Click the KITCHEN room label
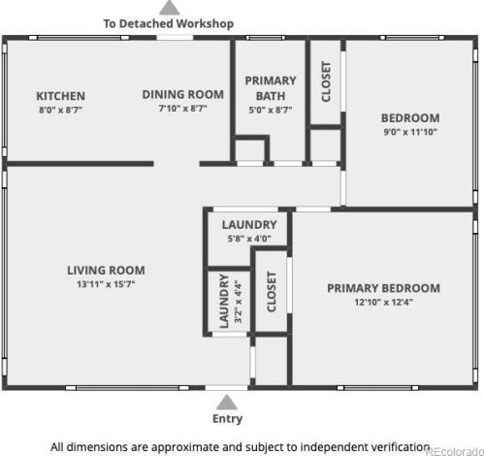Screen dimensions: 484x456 [61, 96]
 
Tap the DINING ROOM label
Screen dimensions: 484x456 [183, 94]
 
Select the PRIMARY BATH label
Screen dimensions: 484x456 [271, 88]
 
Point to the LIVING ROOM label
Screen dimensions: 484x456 [106, 271]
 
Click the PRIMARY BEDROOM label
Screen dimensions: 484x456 [383, 288]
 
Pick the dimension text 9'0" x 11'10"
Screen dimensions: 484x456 [410, 132]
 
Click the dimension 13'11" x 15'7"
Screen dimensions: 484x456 [106, 284]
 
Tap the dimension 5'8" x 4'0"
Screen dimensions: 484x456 [249, 239]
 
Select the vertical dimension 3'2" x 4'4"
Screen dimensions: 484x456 [238, 302]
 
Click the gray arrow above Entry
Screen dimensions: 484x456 [227, 402]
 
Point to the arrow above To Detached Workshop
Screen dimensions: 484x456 [170, 8]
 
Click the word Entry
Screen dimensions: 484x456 [227, 419]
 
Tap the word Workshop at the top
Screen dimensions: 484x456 [205, 23]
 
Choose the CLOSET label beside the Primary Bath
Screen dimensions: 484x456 [326, 81]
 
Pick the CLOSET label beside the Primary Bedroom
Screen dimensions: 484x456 [272, 291]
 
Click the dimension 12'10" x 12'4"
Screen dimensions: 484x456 [384, 302]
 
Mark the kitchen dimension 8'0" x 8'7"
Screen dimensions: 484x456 [61, 110]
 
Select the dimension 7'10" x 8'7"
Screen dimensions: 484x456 [183, 109]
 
